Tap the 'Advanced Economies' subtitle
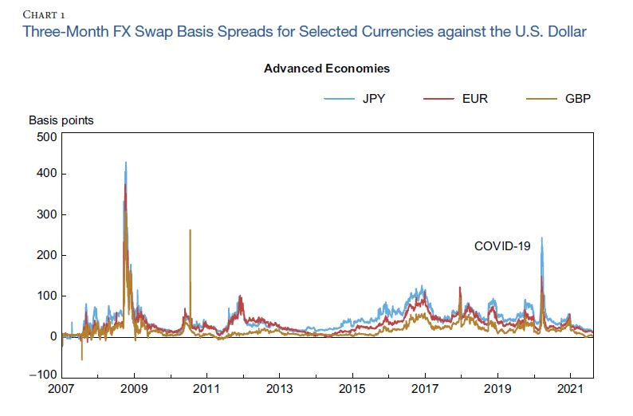[326, 69]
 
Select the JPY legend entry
[376, 99]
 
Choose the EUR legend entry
[478, 99]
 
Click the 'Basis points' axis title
[61, 120]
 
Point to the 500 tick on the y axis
[46, 136]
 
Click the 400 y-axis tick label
[46, 174]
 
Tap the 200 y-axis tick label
[46, 255]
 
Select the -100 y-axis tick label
[43, 375]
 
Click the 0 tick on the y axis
[52, 336]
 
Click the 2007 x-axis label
[61, 390]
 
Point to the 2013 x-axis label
[279, 390]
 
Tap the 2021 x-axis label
[570, 390]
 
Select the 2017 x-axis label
[425, 390]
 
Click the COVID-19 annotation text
[501, 246]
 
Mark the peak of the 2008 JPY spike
[125, 163]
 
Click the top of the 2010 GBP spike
[190, 230]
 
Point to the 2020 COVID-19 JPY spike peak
[542, 238]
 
